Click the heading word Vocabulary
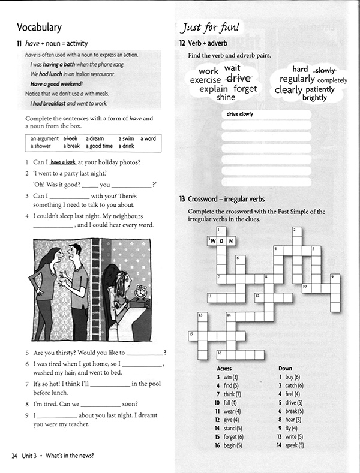click(x=39, y=27)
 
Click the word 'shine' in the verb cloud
click(x=226, y=97)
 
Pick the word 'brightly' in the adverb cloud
click(x=314, y=98)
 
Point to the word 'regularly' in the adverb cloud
click(x=297, y=79)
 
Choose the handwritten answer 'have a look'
click(x=63, y=162)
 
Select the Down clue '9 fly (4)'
click(x=289, y=429)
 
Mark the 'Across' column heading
click(x=223, y=369)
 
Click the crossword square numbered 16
click(x=221, y=354)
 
